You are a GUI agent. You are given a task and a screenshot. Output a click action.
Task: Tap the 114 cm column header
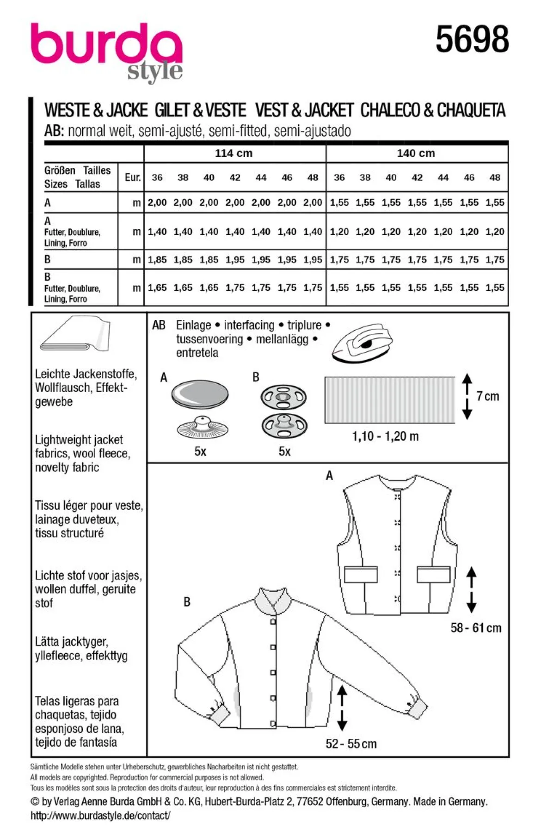[234, 154]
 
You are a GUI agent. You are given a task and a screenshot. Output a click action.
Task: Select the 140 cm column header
[416, 154]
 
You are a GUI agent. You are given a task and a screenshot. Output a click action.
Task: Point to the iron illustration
[362, 342]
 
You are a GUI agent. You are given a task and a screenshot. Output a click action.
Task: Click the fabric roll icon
[75, 333]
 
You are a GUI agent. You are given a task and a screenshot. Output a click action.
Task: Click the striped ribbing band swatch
[390, 399]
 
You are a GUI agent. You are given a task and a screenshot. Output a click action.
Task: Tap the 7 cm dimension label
[488, 396]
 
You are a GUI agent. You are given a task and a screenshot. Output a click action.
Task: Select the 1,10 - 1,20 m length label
[385, 436]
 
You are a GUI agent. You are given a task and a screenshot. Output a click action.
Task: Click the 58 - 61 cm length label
[476, 627]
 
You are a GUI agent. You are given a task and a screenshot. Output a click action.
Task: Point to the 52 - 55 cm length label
[351, 743]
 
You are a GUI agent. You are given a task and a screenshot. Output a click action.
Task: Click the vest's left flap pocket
[361, 574]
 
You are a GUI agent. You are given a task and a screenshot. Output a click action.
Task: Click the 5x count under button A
[200, 451]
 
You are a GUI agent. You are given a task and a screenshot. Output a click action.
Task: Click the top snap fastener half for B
[284, 397]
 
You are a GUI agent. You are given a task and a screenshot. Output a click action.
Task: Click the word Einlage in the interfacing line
[193, 325]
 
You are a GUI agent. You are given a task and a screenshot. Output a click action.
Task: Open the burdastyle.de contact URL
[100, 815]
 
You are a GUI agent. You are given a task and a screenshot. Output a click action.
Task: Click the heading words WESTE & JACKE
[96, 110]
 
